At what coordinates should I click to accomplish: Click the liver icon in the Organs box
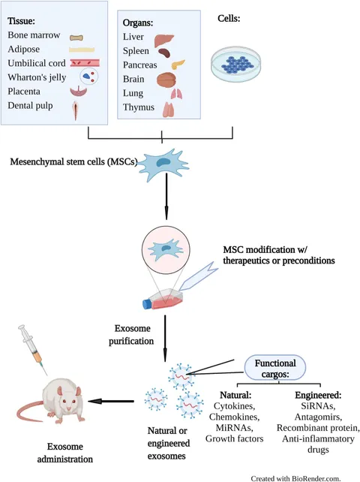coord(163,40)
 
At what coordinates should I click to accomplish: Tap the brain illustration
coord(166,80)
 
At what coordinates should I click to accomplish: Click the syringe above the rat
coord(33,349)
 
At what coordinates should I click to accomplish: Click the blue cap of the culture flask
coord(147,304)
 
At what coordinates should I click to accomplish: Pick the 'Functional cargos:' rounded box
coord(275,369)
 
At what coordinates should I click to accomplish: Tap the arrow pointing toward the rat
coord(111,401)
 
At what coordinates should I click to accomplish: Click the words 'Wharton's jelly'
coord(37,77)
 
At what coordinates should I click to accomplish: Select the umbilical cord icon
coord(85,63)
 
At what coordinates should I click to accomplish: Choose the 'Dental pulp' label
coord(30,105)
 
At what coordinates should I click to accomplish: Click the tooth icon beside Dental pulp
coord(76,110)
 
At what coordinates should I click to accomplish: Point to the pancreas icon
coord(178,65)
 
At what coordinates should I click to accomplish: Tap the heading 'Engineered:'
coord(318,395)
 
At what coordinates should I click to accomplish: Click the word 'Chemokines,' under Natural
coord(234,417)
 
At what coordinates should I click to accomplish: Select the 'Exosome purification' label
coord(131,335)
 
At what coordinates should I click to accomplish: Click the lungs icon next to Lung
coord(176,93)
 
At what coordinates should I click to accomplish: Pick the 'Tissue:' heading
coord(21,21)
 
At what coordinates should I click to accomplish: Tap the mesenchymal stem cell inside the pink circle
coord(166,249)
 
